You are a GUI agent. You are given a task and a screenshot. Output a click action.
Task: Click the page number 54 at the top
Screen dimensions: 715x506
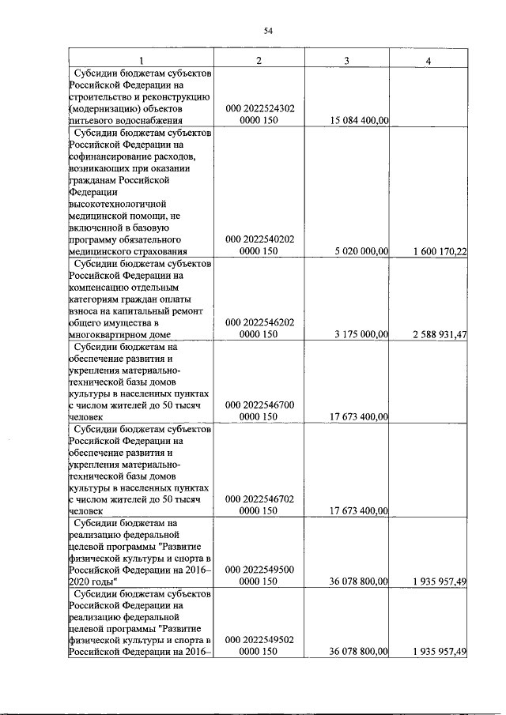click(x=268, y=31)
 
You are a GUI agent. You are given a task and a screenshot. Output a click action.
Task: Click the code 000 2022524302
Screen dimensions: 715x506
click(x=260, y=108)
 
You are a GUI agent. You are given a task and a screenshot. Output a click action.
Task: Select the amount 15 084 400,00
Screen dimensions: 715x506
click(x=357, y=121)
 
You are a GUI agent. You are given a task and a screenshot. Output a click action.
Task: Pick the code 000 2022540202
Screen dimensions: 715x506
click(x=260, y=239)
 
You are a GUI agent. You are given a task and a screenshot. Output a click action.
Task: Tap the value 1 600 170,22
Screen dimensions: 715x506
click(x=440, y=251)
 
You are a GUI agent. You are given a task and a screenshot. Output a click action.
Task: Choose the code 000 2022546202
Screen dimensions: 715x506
click(x=260, y=322)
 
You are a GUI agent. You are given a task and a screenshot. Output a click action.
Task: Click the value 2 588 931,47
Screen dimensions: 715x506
click(x=440, y=335)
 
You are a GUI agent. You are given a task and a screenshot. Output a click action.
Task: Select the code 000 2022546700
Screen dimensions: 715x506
click(x=260, y=405)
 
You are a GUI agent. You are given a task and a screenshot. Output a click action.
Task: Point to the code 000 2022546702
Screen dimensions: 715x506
click(x=260, y=500)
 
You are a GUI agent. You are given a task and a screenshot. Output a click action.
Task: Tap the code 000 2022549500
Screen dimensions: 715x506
click(x=260, y=569)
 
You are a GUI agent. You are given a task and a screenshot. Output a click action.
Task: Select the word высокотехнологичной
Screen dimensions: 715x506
click(x=119, y=203)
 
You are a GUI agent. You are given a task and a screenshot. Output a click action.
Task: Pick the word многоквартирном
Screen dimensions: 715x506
click(x=111, y=335)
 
